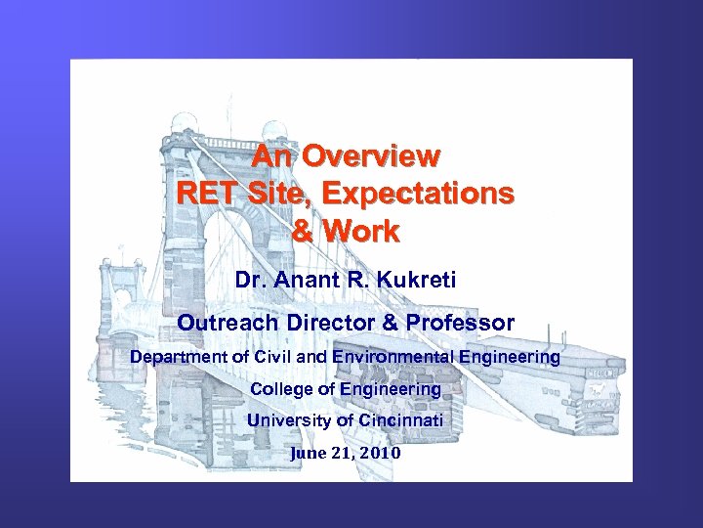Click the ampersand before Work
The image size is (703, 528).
click(x=306, y=232)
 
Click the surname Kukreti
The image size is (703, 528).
click(x=416, y=281)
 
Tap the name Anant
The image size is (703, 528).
click(x=310, y=281)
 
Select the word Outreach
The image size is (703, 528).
click(x=223, y=322)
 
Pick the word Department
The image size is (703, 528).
click(x=179, y=357)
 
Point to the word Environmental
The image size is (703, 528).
click(x=392, y=357)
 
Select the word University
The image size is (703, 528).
click(x=290, y=420)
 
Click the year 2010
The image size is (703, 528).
click(x=379, y=454)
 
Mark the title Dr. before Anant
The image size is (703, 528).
click(x=252, y=281)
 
